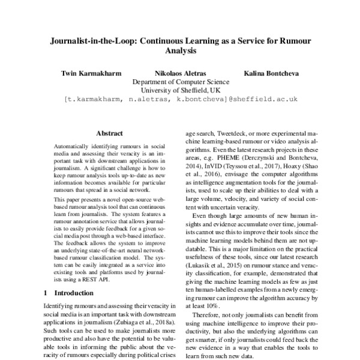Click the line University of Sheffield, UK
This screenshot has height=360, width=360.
click(180, 90)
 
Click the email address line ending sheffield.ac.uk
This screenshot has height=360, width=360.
click(181, 99)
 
